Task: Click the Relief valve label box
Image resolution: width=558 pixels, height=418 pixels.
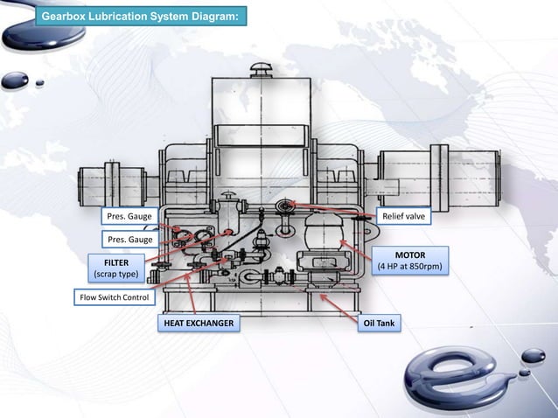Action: (x=401, y=216)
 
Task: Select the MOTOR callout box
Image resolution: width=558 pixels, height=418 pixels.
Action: (x=409, y=261)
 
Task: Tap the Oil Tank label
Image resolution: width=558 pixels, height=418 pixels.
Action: (x=379, y=324)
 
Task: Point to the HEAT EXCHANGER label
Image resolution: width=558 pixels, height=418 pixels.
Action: (x=198, y=324)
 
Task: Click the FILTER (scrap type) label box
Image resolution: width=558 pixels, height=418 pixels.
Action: (x=116, y=268)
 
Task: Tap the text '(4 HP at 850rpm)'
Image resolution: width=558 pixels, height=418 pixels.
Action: (x=409, y=267)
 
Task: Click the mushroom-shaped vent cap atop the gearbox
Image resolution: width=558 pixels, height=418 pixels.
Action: (x=261, y=68)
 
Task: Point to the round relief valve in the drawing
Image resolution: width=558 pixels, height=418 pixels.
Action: (x=285, y=207)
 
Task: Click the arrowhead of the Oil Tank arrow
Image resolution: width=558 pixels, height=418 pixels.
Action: (x=324, y=297)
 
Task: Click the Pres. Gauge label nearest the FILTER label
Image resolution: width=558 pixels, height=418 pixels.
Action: (x=128, y=240)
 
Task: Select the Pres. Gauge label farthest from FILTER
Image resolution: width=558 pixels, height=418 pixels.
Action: (x=128, y=216)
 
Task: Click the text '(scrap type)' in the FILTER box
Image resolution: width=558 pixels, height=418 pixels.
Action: (x=116, y=275)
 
